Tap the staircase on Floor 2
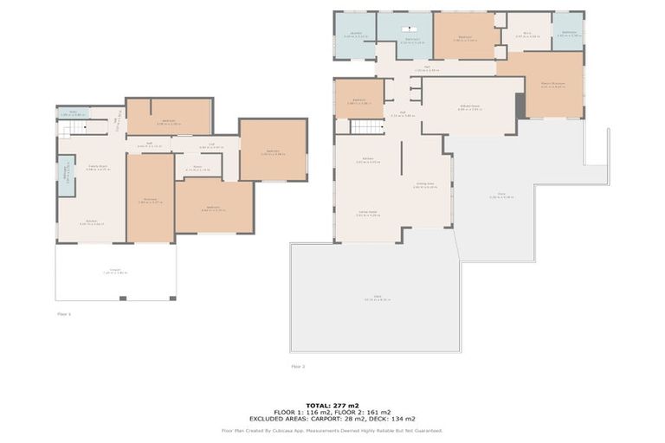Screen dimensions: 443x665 coord(366,126)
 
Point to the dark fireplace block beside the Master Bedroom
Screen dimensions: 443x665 coord(520,106)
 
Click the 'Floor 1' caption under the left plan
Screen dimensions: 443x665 coord(64,314)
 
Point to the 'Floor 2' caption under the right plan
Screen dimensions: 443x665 coord(298,367)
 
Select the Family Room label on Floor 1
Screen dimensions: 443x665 coord(96,167)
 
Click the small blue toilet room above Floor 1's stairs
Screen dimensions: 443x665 coord(74,112)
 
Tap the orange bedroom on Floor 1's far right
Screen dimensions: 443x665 coord(273,151)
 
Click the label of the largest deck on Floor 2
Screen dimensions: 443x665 coord(378,298)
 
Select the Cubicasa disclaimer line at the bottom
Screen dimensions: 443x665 coord(332,430)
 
